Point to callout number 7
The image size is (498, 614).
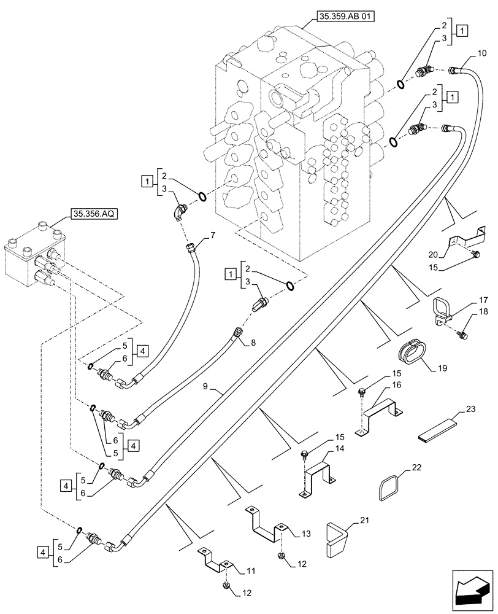click(212, 235)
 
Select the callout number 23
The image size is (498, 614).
click(471, 408)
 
